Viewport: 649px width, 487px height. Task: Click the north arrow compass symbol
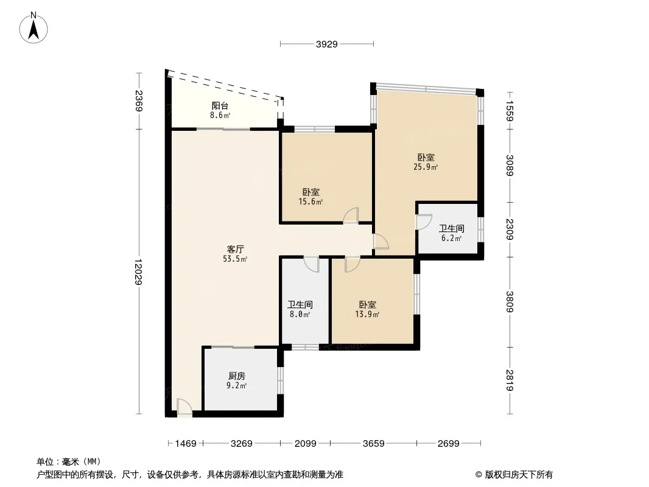(33, 28)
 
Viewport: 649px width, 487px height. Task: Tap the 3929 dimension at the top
(327, 44)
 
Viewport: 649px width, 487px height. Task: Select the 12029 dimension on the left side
(138, 272)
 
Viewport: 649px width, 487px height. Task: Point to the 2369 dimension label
(138, 101)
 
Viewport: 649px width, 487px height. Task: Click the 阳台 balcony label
(220, 106)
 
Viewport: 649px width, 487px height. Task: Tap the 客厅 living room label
(235, 249)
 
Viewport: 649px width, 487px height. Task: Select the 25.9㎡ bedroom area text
(426, 167)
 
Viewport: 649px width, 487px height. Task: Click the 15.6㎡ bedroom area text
(310, 202)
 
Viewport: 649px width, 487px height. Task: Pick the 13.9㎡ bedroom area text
(367, 315)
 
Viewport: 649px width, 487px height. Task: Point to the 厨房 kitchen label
(236, 376)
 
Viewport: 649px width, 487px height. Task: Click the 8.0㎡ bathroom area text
(300, 315)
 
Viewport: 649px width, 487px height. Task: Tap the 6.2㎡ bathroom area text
(451, 239)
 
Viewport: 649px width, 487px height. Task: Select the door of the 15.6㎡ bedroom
(351, 215)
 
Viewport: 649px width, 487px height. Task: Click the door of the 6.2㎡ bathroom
(424, 222)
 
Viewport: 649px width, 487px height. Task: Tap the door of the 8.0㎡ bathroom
(312, 265)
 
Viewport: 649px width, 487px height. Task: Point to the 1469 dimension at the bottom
(186, 444)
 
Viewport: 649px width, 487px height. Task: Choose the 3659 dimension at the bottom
(373, 444)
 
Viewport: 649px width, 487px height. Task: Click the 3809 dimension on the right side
(510, 302)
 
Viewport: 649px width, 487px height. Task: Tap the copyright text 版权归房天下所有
(519, 475)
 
